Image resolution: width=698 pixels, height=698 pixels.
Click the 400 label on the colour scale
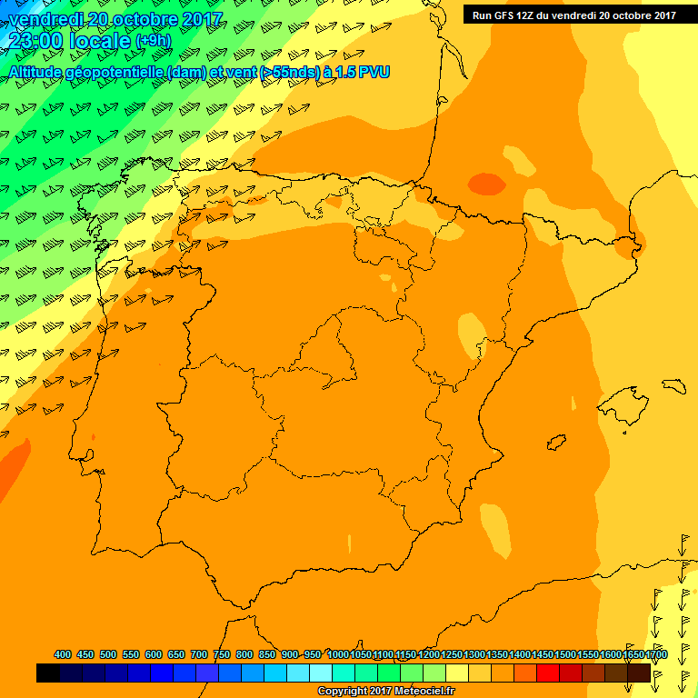pos(63,654)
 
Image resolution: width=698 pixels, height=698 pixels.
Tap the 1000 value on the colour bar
pos(338,654)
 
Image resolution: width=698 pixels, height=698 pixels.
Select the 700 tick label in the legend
pos(199,654)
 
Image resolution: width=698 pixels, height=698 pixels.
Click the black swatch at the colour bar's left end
pos(48,673)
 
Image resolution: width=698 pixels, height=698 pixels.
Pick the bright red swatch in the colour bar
pos(548,673)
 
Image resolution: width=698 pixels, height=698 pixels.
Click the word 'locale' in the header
pos(98,40)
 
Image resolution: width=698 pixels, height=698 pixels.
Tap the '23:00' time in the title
pos(36,40)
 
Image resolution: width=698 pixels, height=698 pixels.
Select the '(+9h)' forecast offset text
pos(159,41)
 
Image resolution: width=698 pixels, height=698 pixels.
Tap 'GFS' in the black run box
pos(503,15)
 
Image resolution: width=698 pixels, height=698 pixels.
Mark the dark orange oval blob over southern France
pos(487,184)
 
